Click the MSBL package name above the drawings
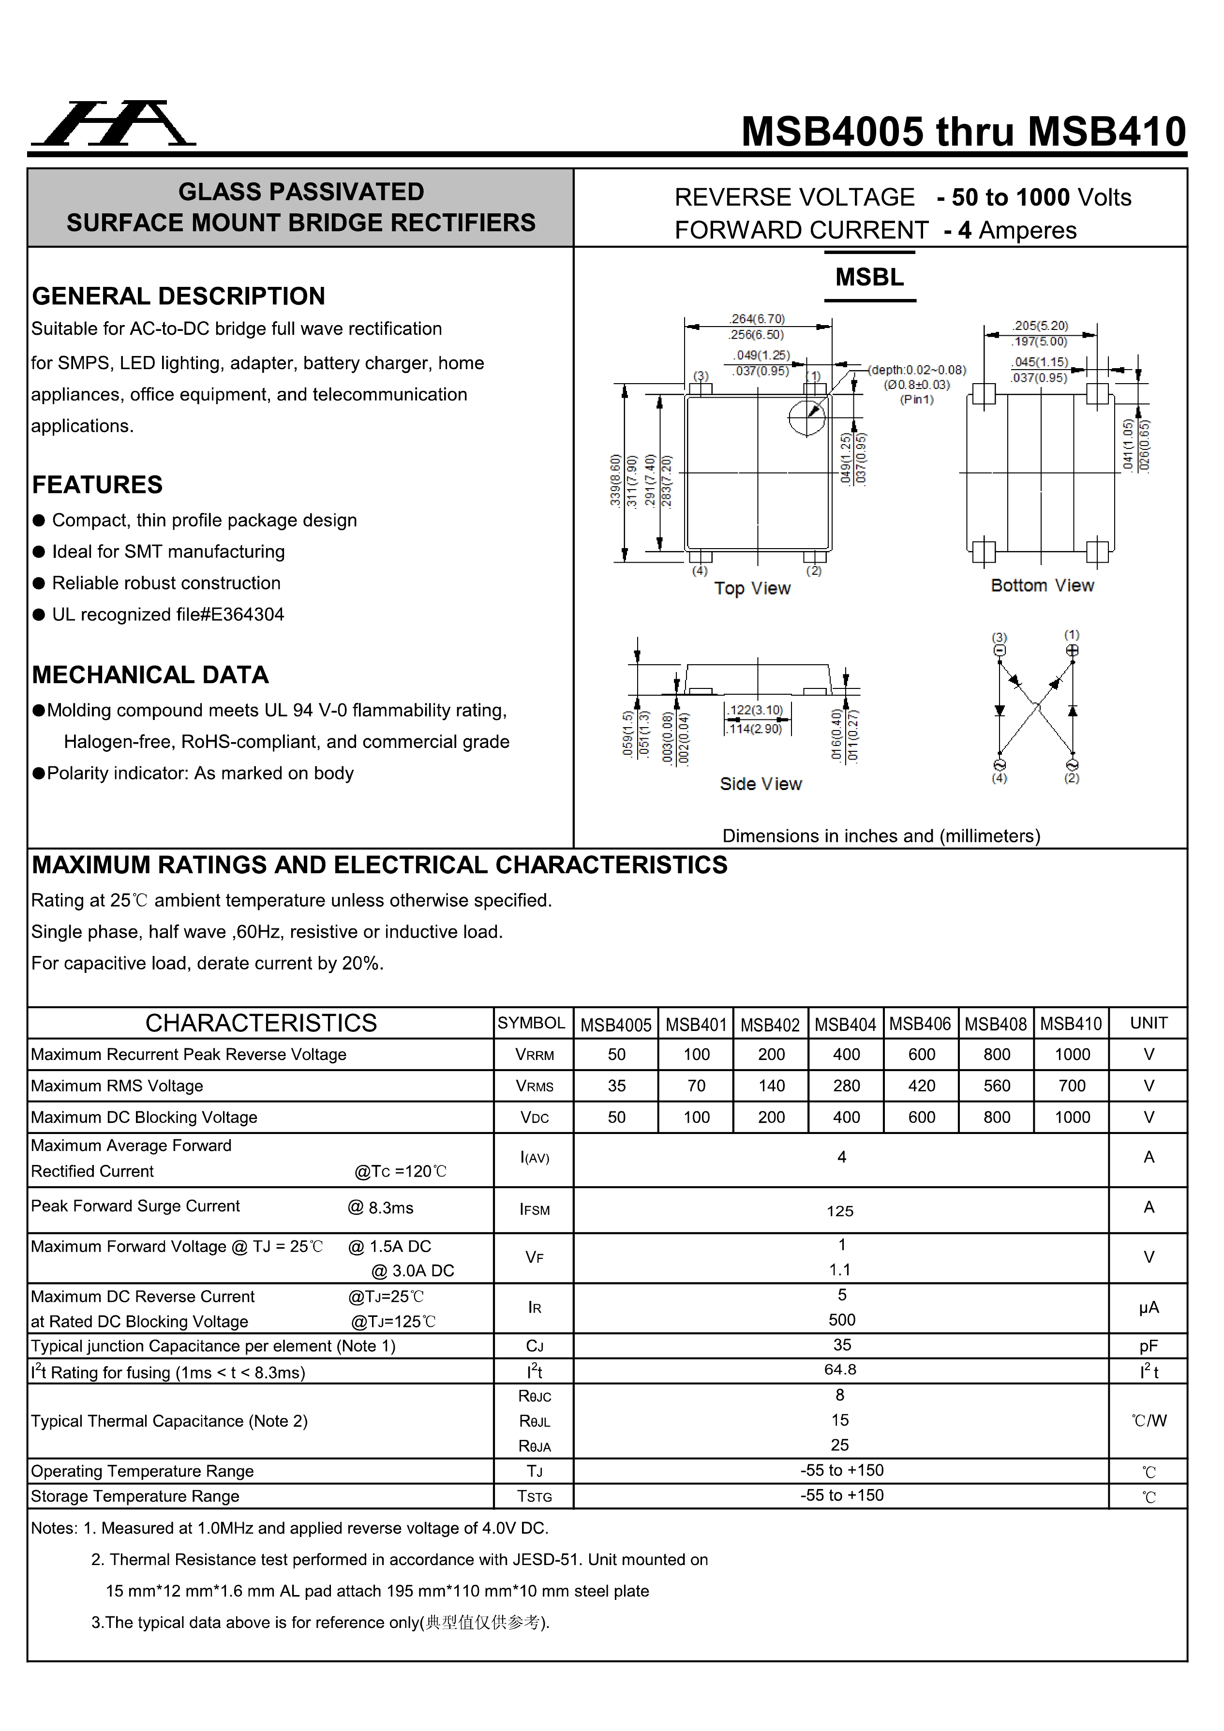[x=869, y=277]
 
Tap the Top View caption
[x=752, y=588]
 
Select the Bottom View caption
[x=1042, y=586]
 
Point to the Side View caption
[x=760, y=784]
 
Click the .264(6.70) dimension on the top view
[x=757, y=319]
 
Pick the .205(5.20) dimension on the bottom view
[x=1040, y=326]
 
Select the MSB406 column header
[x=920, y=1024]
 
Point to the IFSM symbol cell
[x=534, y=1210]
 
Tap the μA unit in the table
[x=1148, y=1308]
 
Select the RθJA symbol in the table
[x=534, y=1446]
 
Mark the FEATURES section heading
[x=97, y=485]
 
